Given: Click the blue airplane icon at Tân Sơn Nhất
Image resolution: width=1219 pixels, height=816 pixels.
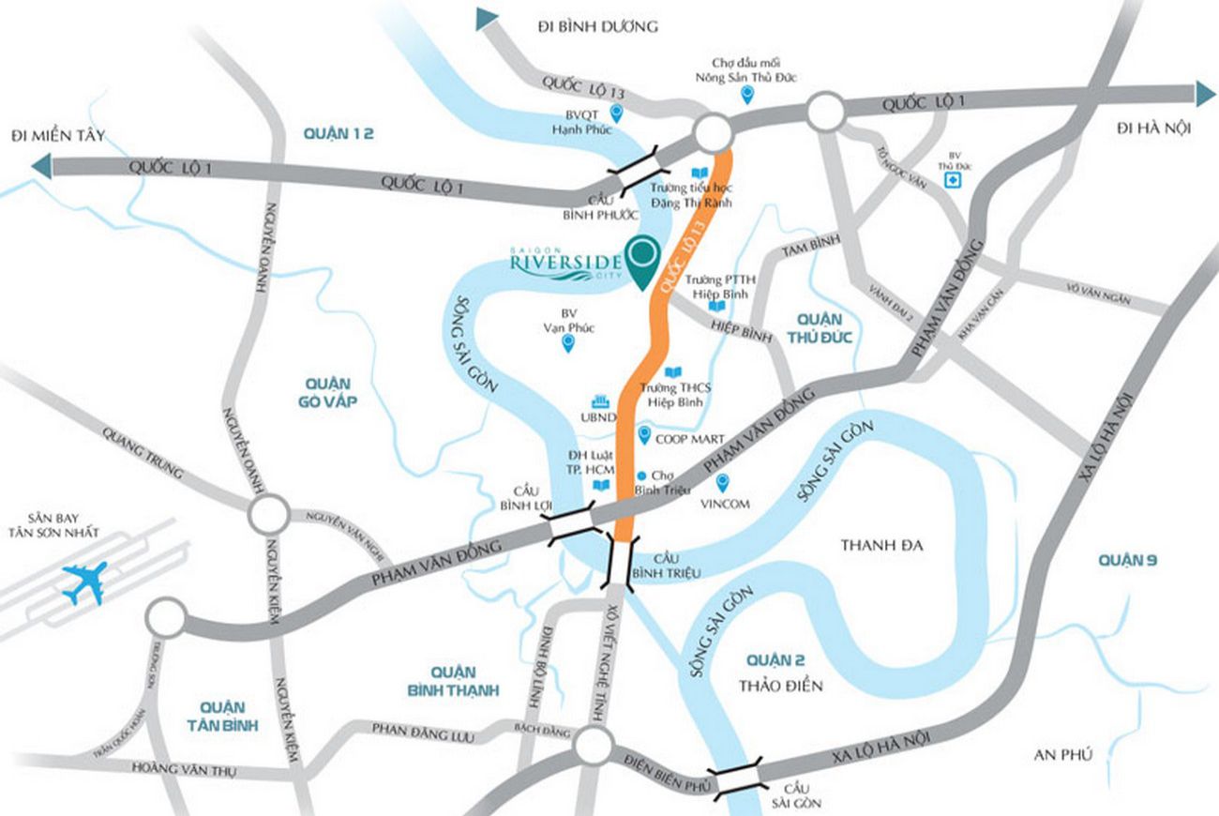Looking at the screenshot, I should [x=83, y=582].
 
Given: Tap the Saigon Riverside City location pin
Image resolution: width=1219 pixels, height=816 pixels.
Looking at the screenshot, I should [x=642, y=260].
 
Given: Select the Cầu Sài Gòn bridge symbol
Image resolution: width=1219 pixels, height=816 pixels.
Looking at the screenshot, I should [x=736, y=779].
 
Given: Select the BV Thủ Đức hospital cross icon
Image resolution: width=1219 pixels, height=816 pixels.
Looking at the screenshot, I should [x=953, y=181].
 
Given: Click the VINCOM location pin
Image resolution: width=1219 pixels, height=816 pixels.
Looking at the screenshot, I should [x=723, y=482].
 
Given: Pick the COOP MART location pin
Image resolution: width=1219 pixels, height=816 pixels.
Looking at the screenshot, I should [x=644, y=434].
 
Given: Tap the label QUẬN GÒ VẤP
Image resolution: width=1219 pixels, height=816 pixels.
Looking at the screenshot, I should [x=327, y=393].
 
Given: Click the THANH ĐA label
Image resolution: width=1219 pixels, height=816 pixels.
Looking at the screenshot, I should [x=881, y=545].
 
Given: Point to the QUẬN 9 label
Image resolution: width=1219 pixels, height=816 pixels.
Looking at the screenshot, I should [x=1128, y=561].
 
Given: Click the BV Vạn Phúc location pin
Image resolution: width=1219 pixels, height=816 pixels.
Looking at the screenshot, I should [x=567, y=343].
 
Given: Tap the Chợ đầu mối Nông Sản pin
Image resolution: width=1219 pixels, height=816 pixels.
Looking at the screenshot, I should [x=747, y=93].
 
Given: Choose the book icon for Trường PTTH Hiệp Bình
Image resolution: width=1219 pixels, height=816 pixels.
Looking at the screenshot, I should [x=717, y=307].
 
